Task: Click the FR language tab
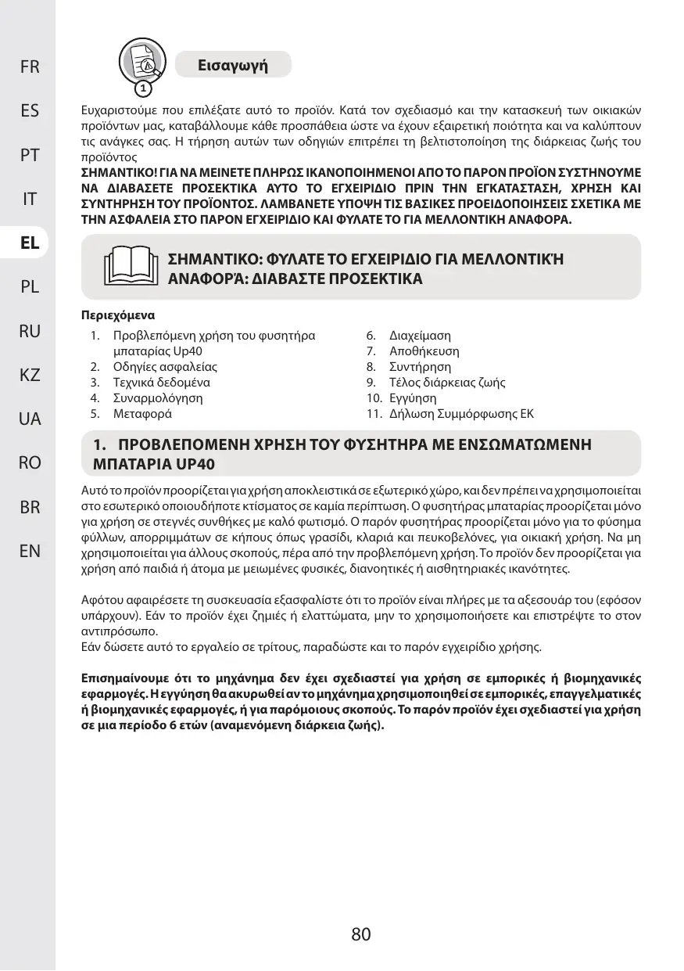(30, 67)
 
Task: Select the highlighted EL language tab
(30, 243)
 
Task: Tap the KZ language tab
(30, 375)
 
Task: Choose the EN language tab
(30, 551)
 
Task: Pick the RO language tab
(30, 462)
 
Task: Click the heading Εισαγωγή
(233, 65)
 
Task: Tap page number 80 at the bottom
(360, 933)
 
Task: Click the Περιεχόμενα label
(118, 316)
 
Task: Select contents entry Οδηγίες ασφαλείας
(165, 367)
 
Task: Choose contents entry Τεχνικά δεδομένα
(161, 383)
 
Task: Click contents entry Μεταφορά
(142, 414)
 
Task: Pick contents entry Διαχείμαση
(420, 336)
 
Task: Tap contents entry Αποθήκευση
(424, 351)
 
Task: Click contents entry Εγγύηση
(413, 398)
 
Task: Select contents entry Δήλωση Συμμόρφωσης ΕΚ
(461, 414)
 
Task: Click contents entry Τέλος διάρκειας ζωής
(447, 383)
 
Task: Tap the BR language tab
(30, 507)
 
